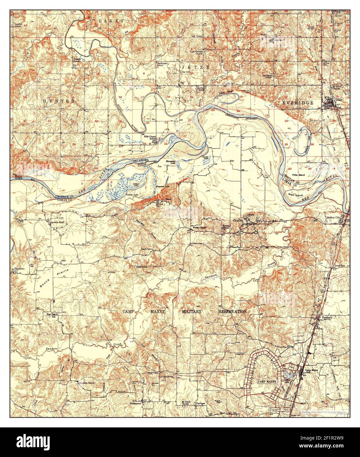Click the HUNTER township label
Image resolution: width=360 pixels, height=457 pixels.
pyautogui.click(x=59, y=101)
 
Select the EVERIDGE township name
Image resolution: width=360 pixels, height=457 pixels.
pyautogui.click(x=298, y=103)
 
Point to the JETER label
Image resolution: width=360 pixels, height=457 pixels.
pyautogui.click(x=195, y=67)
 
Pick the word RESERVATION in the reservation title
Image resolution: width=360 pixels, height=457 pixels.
pyautogui.click(x=233, y=311)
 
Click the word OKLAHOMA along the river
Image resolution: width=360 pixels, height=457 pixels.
pyautogui.click(x=140, y=160)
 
